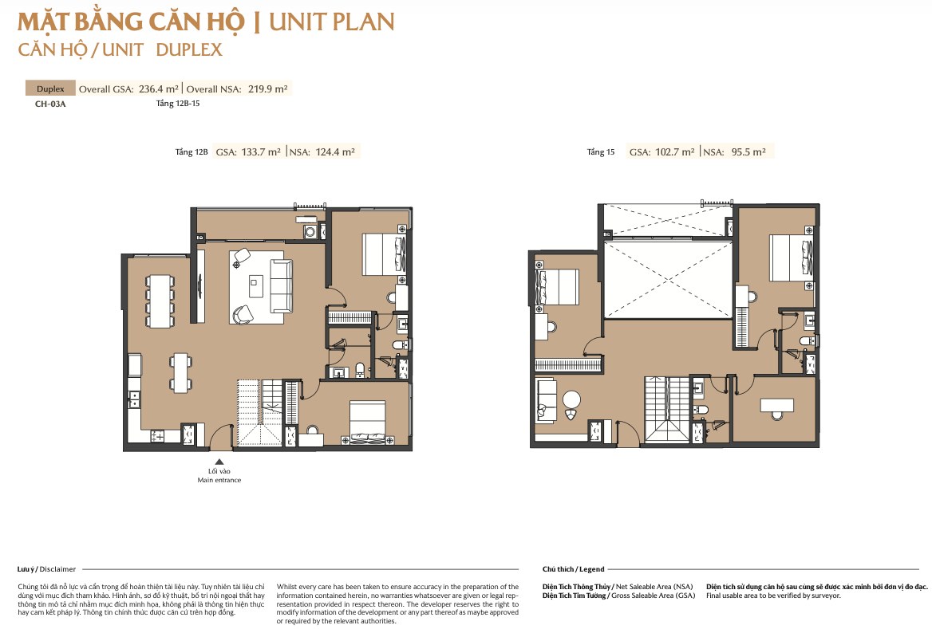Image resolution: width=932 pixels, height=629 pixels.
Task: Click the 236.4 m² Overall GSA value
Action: (159, 89)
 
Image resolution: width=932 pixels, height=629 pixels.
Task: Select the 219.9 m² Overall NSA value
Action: (267, 89)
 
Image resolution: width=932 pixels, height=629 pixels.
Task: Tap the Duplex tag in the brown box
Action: (50, 88)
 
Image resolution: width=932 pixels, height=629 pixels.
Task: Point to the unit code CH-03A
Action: (50, 104)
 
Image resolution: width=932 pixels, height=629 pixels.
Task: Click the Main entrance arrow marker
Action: (219, 462)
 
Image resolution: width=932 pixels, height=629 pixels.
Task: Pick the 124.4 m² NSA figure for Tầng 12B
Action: (334, 152)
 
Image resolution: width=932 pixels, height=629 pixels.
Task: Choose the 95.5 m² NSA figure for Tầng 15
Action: (748, 152)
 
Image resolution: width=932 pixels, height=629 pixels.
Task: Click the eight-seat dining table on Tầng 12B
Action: (160, 301)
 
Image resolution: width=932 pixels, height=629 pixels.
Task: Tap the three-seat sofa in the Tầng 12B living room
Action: (281, 285)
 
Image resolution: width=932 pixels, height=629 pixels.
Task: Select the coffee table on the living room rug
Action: (256, 286)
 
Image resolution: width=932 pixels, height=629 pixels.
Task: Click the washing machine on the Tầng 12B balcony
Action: (310, 232)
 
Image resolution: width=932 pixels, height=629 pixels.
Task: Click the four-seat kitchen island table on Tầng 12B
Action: (180, 373)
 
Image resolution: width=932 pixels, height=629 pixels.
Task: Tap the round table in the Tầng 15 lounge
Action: (572, 399)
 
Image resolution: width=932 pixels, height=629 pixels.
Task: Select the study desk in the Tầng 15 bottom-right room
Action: (777, 405)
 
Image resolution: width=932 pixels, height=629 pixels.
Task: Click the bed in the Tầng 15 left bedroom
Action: (557, 288)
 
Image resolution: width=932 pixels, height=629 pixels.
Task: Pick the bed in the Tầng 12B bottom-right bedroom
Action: (369, 423)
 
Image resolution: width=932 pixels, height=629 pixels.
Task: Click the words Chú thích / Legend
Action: (573, 569)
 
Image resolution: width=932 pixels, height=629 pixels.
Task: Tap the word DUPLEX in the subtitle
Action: (189, 49)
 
